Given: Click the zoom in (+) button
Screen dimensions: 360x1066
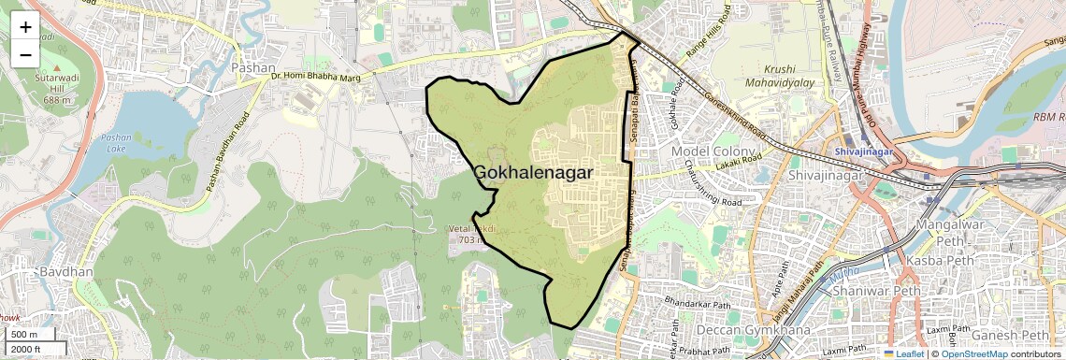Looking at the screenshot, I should (25, 27).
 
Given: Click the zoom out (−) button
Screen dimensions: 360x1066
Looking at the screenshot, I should (25, 54).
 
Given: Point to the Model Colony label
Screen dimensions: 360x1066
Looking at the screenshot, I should (719, 151).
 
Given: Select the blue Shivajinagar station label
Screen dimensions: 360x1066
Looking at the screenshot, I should (864, 152).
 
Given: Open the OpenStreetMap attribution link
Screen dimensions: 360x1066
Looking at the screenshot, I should (973, 353).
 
